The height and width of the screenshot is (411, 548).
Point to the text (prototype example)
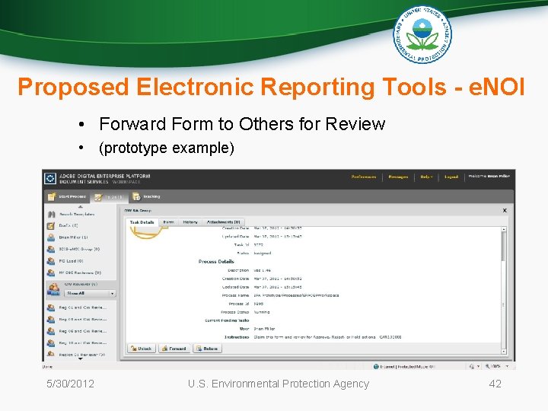[x=167, y=148]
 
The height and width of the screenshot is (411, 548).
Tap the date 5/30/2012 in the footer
[x=69, y=384]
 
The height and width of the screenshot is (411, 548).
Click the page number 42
[x=495, y=384]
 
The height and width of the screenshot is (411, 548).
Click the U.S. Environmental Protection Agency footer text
[x=278, y=384]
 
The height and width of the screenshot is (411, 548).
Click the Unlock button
[x=141, y=349]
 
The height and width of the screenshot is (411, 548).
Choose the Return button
[x=208, y=349]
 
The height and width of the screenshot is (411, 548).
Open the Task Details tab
[x=142, y=222]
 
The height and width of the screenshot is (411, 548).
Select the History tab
[x=190, y=222]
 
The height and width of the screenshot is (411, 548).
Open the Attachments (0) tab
[x=222, y=222]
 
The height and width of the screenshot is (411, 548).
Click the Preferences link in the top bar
[x=363, y=177]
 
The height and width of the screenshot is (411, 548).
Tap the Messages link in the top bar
[x=398, y=177]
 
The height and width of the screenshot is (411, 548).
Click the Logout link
[x=451, y=177]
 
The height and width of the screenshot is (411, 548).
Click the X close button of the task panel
[x=505, y=210]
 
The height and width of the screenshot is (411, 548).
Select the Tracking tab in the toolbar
[x=151, y=196]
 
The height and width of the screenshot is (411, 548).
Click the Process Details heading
[x=216, y=262]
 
